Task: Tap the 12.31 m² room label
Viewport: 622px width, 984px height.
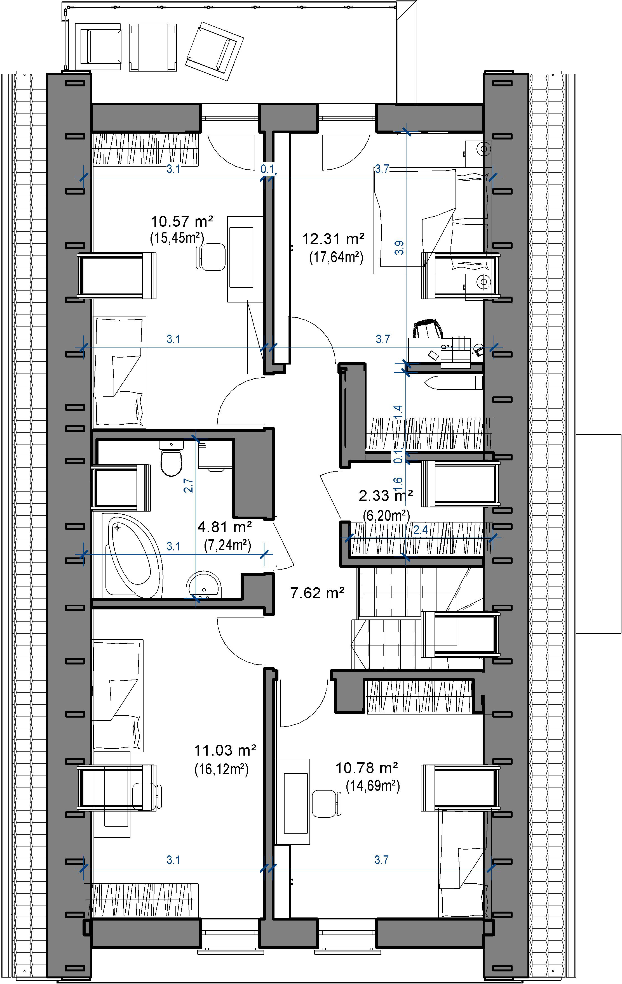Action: (333, 239)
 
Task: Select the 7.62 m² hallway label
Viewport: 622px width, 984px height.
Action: (317, 593)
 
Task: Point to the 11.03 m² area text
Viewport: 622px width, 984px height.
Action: (225, 750)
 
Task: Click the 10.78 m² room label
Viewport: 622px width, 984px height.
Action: (367, 768)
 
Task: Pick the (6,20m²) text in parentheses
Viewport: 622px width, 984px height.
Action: (386, 516)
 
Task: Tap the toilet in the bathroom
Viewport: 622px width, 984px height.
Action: (171, 459)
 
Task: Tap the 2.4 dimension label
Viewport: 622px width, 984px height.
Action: (420, 530)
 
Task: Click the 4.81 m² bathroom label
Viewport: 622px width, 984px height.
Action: (224, 527)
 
